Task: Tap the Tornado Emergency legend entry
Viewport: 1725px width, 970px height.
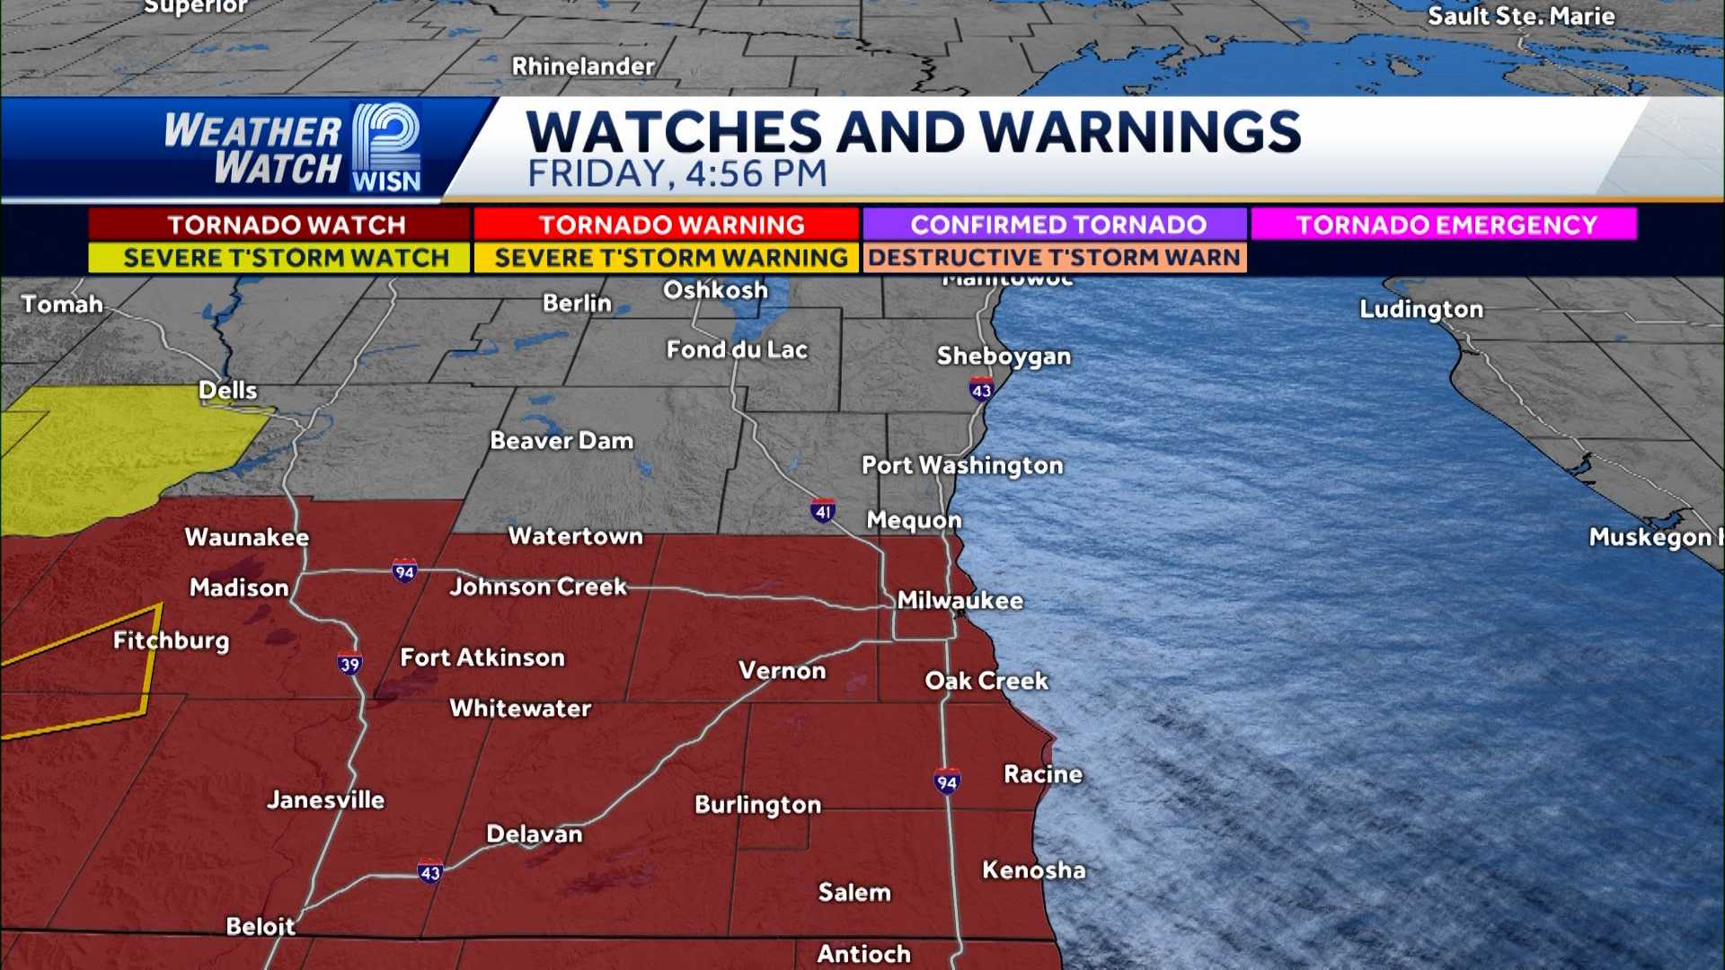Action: click(x=1444, y=225)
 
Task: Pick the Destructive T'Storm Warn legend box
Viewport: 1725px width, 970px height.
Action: click(x=1055, y=258)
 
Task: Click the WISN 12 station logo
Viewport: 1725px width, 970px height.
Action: click(x=386, y=147)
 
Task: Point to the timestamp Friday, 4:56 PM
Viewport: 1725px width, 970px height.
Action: click(x=677, y=174)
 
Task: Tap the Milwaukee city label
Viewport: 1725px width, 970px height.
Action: click(x=960, y=601)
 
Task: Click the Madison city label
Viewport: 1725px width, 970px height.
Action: click(x=239, y=588)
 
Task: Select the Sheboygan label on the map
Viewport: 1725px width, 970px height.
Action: click(x=1004, y=357)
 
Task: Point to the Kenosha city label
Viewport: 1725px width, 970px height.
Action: click(x=1033, y=870)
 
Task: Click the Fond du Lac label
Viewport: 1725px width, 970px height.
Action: click(x=737, y=350)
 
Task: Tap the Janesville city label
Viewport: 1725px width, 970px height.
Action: click(x=325, y=800)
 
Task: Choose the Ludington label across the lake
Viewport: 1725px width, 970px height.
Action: click(x=1420, y=310)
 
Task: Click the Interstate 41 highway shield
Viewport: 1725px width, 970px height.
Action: click(x=823, y=511)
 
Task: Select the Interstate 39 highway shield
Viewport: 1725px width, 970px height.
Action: click(x=349, y=663)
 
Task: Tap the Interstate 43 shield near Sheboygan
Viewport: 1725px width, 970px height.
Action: click(x=981, y=390)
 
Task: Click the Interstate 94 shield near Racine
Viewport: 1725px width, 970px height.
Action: click(x=947, y=781)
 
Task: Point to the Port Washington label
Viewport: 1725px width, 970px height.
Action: click(x=962, y=465)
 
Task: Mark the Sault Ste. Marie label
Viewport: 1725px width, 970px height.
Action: click(x=1521, y=16)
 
